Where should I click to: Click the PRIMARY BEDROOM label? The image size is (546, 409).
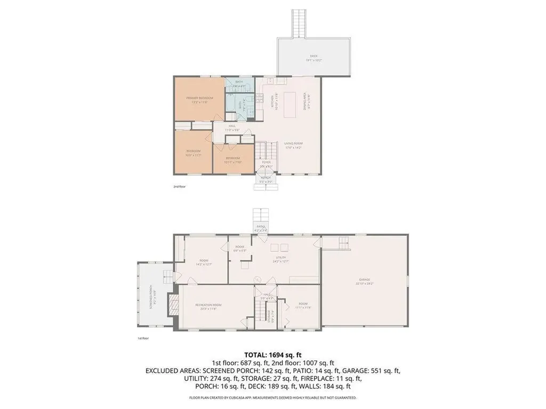199,99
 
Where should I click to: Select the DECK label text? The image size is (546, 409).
314,58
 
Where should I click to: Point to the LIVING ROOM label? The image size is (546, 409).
293,144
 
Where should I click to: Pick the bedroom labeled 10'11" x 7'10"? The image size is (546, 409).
232,159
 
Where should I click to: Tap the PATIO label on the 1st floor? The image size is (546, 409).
261,227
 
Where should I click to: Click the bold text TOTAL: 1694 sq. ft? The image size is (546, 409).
273,354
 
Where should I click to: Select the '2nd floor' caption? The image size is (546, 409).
179,187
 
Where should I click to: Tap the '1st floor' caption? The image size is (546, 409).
143,338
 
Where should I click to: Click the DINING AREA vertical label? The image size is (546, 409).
306,101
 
